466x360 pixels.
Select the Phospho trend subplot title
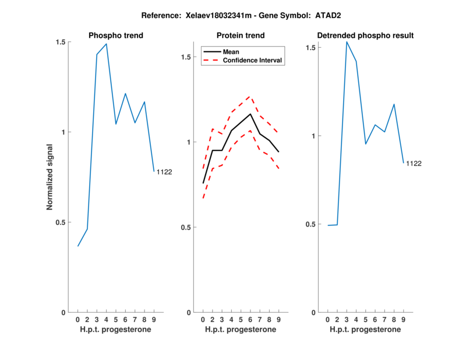click(116, 36)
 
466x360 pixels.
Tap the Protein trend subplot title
click(240, 36)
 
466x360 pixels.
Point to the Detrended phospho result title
click(365, 36)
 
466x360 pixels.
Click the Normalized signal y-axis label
click(50, 177)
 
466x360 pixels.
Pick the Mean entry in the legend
click(231, 52)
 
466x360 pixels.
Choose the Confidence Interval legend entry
click(252, 60)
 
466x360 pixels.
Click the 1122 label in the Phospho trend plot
click(164, 172)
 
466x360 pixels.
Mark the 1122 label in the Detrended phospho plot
click(414, 163)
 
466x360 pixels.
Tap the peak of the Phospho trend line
click(107, 44)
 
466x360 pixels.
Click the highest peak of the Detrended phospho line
click(347, 41)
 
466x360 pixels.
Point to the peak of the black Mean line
click(250, 114)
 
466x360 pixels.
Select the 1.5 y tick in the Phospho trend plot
click(61, 42)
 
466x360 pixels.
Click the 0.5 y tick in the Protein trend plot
click(186, 227)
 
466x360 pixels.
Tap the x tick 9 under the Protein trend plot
click(278, 320)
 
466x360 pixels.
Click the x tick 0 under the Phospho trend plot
click(78, 320)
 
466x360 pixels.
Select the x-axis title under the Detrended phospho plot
click(365, 329)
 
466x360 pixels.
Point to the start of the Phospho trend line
click(78, 246)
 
